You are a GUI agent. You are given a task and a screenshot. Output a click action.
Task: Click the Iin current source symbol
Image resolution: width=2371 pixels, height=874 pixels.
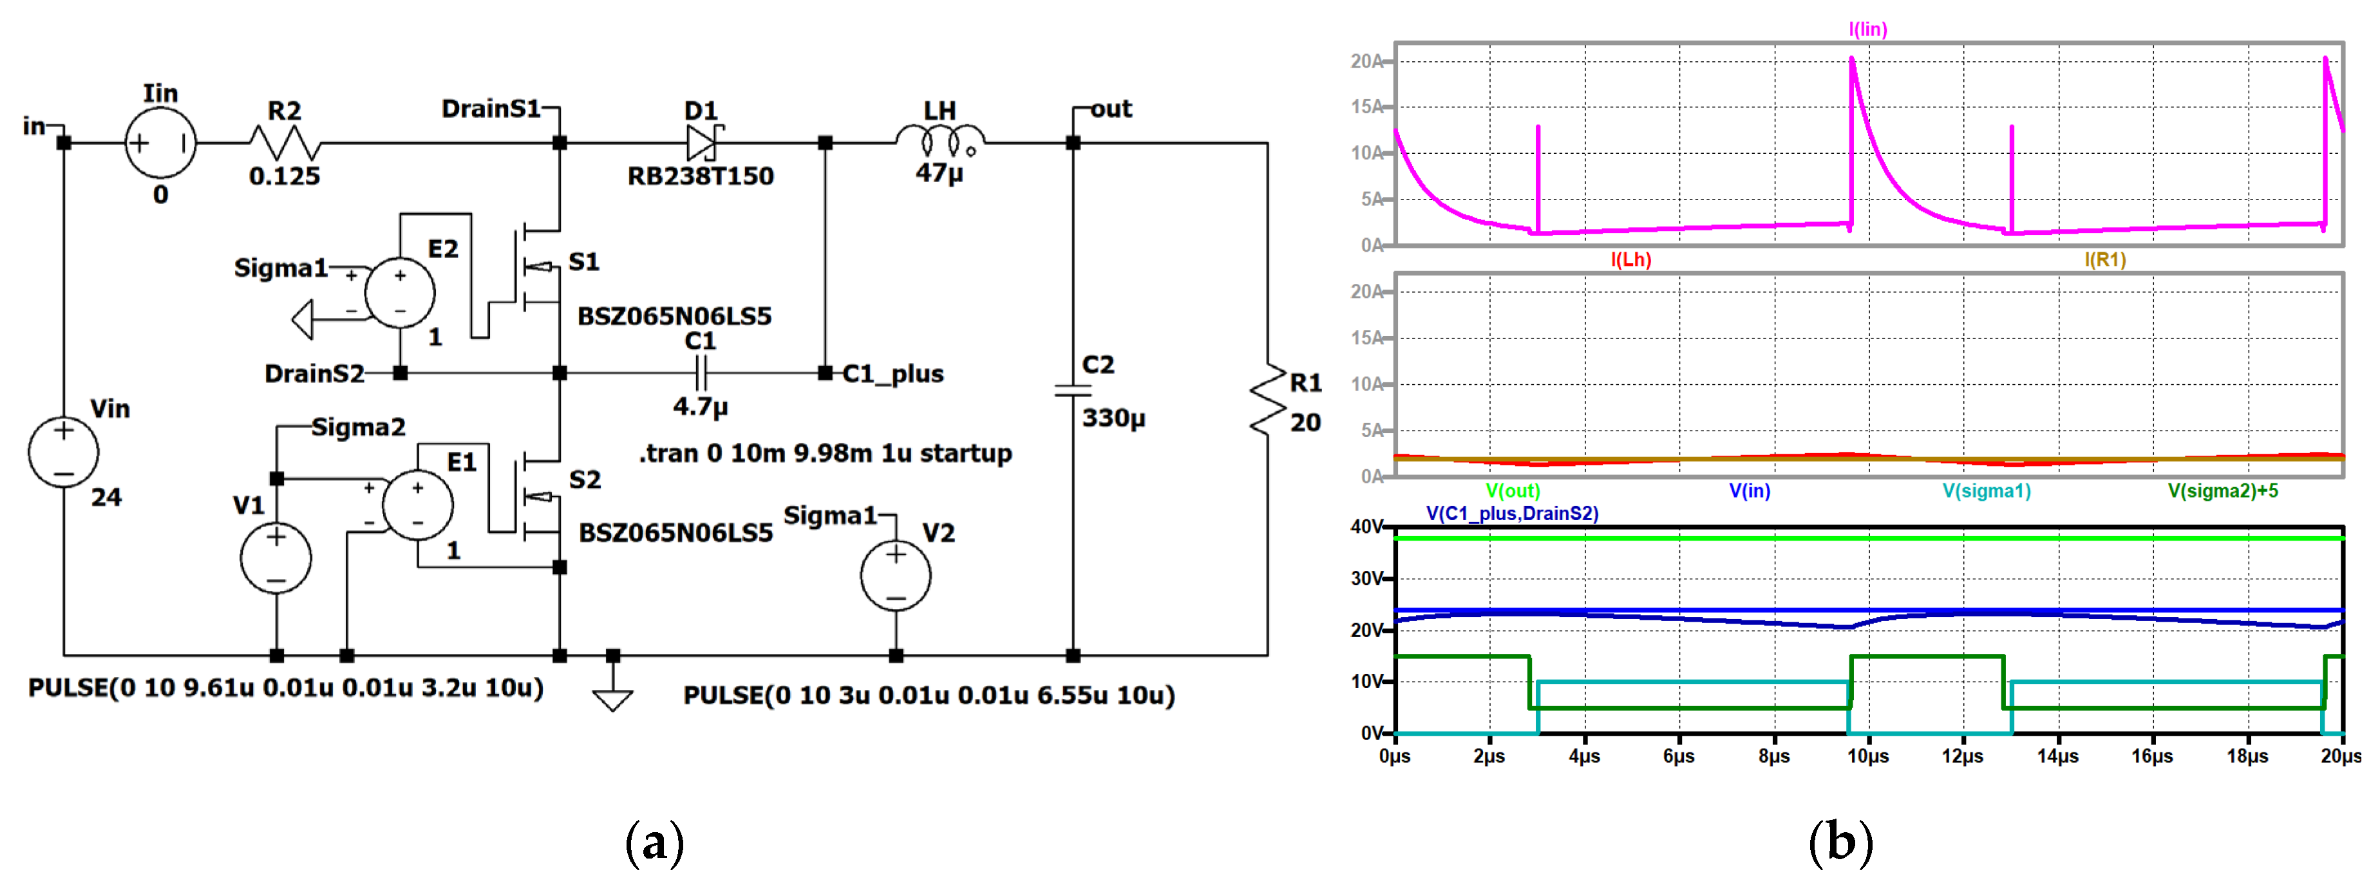(x=160, y=144)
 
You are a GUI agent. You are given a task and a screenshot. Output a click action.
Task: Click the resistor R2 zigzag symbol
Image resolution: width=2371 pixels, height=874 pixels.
(x=285, y=144)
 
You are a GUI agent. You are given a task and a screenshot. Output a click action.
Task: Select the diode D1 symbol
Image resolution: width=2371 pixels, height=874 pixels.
(x=703, y=143)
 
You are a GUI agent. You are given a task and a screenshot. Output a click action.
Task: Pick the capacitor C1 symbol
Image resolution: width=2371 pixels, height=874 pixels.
(x=701, y=373)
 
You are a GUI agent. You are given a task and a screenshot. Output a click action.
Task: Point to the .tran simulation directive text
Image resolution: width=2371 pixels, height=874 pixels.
(x=825, y=454)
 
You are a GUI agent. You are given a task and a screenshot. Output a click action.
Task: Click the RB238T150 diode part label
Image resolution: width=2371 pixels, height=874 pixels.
(x=701, y=176)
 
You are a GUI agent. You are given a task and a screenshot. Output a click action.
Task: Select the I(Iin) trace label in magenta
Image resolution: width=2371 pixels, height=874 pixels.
(x=1867, y=30)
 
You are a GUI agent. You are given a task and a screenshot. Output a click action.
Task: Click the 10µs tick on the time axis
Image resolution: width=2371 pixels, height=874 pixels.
(x=1869, y=756)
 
